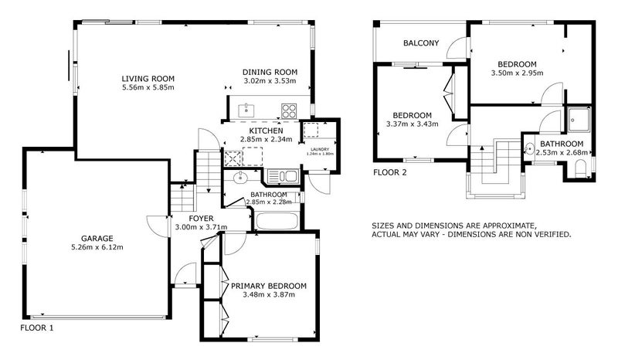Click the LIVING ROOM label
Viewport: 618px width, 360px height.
[x=148, y=79]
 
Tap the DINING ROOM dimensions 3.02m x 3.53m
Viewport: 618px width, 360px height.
[x=270, y=81]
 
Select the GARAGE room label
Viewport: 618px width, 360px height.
[x=97, y=239]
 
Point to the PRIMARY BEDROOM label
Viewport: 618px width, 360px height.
[x=269, y=286]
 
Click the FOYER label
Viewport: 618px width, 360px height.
[x=201, y=219]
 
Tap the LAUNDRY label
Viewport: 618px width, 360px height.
[x=320, y=149]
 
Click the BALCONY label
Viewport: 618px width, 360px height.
[x=421, y=43]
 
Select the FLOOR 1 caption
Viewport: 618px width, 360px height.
[x=36, y=328]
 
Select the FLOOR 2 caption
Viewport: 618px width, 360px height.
[x=390, y=172]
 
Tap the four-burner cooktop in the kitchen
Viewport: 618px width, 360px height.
[x=288, y=110]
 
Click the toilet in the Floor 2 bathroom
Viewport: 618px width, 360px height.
[x=581, y=168]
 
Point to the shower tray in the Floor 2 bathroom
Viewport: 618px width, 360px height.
[x=579, y=120]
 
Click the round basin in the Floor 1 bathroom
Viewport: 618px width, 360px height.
[x=240, y=178]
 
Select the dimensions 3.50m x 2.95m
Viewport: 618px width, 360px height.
[x=517, y=73]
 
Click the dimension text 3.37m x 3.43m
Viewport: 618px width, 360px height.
[x=413, y=124]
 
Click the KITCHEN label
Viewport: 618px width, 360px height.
[x=266, y=131]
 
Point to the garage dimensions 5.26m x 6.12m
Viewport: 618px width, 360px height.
[x=97, y=248]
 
